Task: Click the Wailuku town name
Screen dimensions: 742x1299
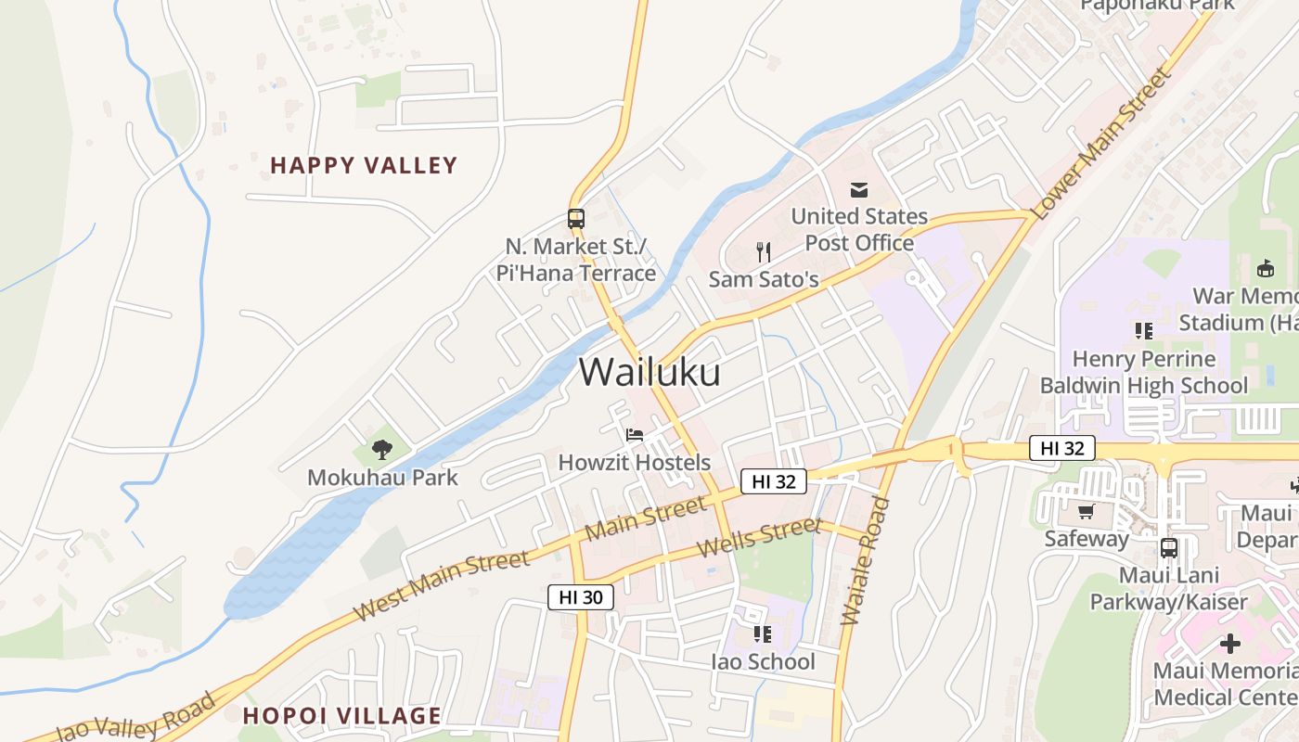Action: (649, 372)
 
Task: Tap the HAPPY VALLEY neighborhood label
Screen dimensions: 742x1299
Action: (364, 166)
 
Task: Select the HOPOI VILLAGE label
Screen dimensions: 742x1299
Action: (341, 716)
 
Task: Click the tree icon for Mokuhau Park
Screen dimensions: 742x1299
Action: (381, 450)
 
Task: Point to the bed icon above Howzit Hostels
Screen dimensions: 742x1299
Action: (635, 434)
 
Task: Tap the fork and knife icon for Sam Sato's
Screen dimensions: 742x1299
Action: (764, 250)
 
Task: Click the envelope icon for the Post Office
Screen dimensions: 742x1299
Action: (859, 189)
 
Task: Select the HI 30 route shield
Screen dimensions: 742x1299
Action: (581, 597)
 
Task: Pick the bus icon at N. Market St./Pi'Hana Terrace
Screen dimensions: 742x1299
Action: (576, 219)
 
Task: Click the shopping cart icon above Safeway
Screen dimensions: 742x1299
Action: (1086, 511)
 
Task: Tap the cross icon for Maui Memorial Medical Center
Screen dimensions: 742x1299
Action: (1230, 643)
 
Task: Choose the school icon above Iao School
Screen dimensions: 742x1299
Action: (763, 634)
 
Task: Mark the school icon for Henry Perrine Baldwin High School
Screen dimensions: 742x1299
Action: (1144, 330)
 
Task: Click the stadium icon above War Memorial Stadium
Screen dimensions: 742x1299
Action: (1264, 268)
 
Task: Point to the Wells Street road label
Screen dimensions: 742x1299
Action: (759, 538)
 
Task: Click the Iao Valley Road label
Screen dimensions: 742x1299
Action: (135, 719)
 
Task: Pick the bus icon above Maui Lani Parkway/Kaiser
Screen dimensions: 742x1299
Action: (1169, 547)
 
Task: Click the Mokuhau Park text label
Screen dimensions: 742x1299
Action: (382, 478)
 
